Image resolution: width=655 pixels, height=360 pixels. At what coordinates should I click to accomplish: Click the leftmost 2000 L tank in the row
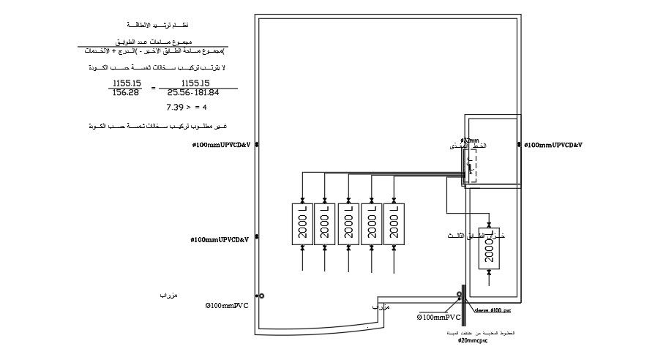coord(302,224)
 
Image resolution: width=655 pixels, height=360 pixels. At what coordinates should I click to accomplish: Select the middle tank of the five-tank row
coord(348,224)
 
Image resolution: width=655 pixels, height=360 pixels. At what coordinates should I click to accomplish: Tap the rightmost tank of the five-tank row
coord(394,224)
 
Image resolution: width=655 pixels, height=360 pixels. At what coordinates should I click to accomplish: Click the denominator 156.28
coord(126,92)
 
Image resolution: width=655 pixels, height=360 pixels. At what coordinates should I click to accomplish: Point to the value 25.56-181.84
coord(192,92)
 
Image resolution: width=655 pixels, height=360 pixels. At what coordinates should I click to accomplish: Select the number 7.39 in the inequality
coord(176,107)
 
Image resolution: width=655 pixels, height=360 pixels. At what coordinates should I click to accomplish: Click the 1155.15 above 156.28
coord(127,83)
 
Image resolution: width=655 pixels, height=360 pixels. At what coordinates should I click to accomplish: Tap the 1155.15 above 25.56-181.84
coord(195,83)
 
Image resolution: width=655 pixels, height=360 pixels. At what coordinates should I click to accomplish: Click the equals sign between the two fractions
coord(153,88)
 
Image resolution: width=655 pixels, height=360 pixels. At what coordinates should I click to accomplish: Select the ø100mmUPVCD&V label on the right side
coord(553,145)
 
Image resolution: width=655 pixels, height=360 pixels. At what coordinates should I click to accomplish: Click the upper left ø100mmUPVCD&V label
coord(221,145)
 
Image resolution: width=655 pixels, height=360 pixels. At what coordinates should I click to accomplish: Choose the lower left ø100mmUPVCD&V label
coord(220,239)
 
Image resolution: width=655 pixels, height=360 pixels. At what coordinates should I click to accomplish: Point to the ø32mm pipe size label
coord(469,140)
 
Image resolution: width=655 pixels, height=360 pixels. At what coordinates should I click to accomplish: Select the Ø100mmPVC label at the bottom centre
coord(439,318)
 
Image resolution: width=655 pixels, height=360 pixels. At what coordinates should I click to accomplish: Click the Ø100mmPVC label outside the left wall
coord(226,304)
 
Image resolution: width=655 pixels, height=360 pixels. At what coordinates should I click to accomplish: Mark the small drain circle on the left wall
coord(262,296)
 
